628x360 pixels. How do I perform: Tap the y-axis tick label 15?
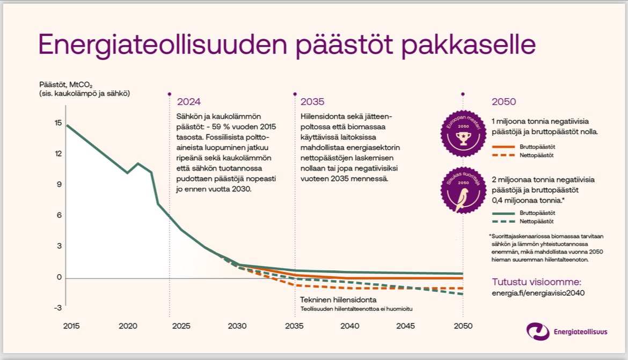pyautogui.click(x=58, y=122)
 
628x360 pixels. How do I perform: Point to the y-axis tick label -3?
pyautogui.click(x=57, y=307)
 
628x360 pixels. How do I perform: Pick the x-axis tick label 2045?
pyautogui.click(x=406, y=326)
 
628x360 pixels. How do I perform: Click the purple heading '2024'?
pyautogui.click(x=188, y=102)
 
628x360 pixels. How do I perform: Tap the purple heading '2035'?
pyautogui.click(x=312, y=102)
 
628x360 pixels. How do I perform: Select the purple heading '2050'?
pyautogui.click(x=503, y=102)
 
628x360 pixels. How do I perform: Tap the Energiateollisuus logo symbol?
pyautogui.click(x=538, y=332)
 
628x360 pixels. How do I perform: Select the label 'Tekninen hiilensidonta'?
pyautogui.click(x=338, y=299)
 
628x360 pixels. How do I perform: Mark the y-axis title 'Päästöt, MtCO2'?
pyautogui.click(x=66, y=84)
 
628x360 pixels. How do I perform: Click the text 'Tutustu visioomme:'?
pyautogui.click(x=537, y=282)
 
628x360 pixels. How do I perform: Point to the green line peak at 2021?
pyautogui.click(x=138, y=163)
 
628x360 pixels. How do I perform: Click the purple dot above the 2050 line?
pyautogui.click(x=463, y=93)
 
